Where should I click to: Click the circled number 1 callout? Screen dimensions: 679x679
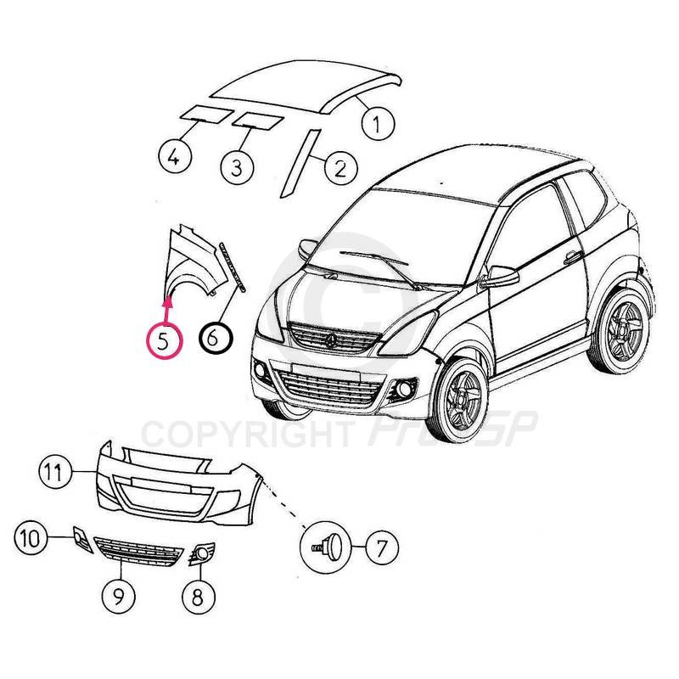[378, 123]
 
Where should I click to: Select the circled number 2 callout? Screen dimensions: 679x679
[341, 168]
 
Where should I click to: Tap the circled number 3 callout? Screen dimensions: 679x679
[237, 167]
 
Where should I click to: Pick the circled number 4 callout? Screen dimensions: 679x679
[175, 156]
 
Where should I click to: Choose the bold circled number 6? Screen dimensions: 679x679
[216, 338]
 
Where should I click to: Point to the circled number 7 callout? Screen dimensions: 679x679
[382, 547]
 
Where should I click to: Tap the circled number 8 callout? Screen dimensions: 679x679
[198, 598]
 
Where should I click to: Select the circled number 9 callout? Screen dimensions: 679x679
[118, 597]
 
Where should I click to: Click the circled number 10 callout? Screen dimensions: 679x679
[31, 539]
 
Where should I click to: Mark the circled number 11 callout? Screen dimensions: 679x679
[55, 471]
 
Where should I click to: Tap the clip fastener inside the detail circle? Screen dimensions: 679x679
[328, 547]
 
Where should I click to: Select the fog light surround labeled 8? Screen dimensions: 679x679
[201, 553]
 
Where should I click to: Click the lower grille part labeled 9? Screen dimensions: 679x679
[138, 552]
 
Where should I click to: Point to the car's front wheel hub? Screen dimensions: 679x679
[463, 399]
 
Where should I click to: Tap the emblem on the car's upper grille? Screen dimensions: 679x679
[331, 341]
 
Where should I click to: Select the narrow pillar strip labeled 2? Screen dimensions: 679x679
[300, 163]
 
